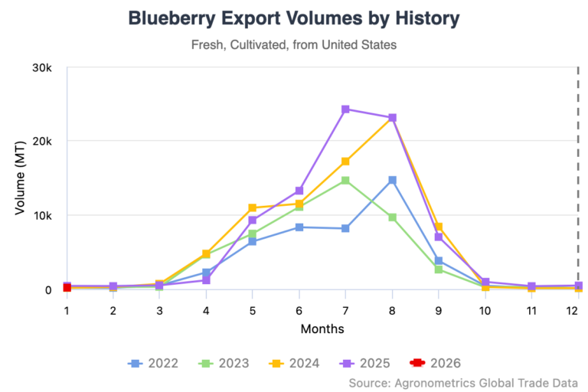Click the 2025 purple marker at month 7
click(345, 109)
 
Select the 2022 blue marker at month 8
click(392, 180)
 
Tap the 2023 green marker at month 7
click(345, 181)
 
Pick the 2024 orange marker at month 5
click(253, 208)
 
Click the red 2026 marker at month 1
click(67, 287)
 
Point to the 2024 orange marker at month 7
click(345, 162)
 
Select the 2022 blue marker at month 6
click(299, 227)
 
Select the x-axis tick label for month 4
click(206, 310)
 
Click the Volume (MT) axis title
click(21, 178)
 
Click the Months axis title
click(322, 329)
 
